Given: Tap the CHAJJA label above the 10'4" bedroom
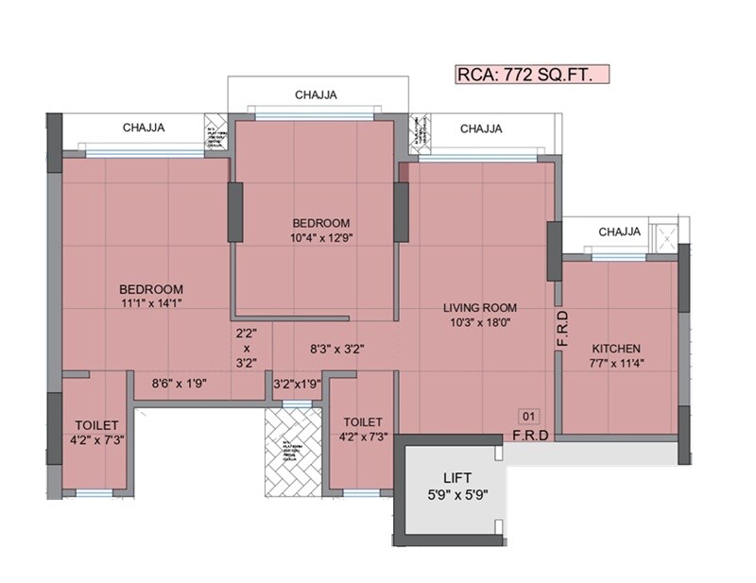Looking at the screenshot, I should click(x=317, y=94).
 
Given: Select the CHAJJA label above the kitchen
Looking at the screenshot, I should click(x=620, y=231).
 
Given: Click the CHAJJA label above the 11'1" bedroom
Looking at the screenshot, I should click(x=145, y=129).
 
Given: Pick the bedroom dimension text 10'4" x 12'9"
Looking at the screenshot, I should click(x=316, y=238).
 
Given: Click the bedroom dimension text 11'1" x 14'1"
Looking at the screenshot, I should click(x=150, y=303).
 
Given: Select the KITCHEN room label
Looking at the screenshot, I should click(x=618, y=348).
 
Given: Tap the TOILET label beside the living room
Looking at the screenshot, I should click(x=363, y=421).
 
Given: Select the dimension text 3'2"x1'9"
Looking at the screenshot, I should click(x=297, y=384).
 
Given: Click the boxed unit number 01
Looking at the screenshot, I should click(x=528, y=415).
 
